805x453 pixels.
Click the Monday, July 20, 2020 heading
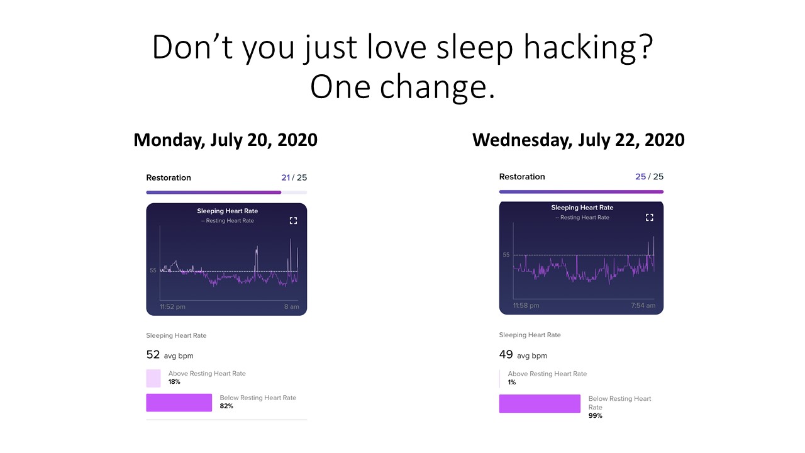pyautogui.click(x=225, y=140)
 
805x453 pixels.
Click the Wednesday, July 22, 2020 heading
pyautogui.click(x=578, y=140)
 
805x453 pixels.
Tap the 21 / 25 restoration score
pyautogui.click(x=294, y=177)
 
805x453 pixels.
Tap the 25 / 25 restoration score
pyautogui.click(x=650, y=177)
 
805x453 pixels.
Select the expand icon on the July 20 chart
pyautogui.click(x=293, y=221)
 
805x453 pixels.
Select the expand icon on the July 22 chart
pyautogui.click(x=650, y=218)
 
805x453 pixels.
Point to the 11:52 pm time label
pyautogui.click(x=172, y=306)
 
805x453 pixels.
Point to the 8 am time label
pyautogui.click(x=291, y=306)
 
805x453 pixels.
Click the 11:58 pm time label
pyautogui.click(x=526, y=306)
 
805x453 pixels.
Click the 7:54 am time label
pyautogui.click(x=643, y=306)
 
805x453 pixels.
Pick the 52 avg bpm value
pyautogui.click(x=170, y=355)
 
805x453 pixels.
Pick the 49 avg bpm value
pyautogui.click(x=523, y=355)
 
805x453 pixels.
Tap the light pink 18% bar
pyautogui.click(x=153, y=378)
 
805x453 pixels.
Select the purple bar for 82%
pyautogui.click(x=179, y=403)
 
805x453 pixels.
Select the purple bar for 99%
pyautogui.click(x=540, y=403)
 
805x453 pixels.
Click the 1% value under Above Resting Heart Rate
pyautogui.click(x=512, y=382)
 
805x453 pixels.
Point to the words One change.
pyautogui.click(x=402, y=87)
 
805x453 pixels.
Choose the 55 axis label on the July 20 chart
pyautogui.click(x=153, y=271)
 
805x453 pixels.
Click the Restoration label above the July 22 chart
pyautogui.click(x=522, y=177)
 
